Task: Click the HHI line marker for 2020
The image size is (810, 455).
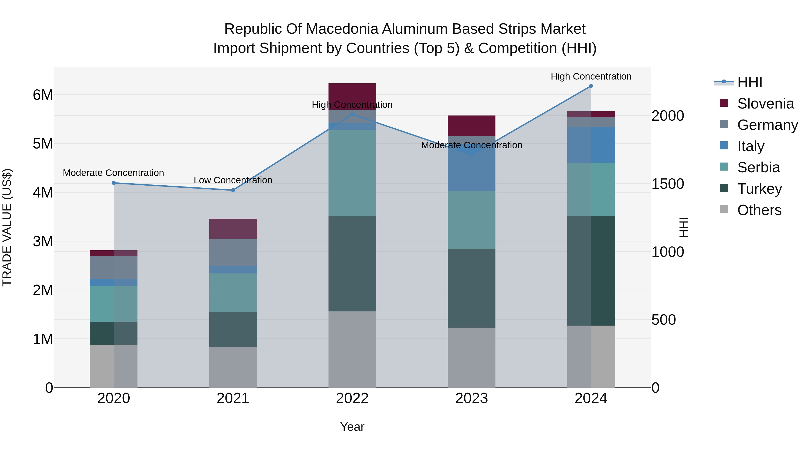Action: pos(114,183)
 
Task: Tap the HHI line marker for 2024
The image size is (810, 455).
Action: pos(591,86)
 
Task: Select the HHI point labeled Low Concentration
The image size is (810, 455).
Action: pos(233,190)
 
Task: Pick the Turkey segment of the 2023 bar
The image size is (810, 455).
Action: pos(471,288)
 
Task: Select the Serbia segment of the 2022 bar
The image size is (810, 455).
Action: pos(352,173)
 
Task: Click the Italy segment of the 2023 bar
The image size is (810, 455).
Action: pos(471,170)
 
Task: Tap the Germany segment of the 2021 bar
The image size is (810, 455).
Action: pos(233,252)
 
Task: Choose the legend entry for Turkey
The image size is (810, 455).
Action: pos(759,189)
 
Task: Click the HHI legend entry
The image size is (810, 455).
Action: pos(749,82)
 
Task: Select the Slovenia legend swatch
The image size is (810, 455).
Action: pos(724,103)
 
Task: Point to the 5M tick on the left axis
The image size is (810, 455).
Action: pos(43,144)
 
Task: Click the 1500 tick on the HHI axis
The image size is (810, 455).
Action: pos(667,184)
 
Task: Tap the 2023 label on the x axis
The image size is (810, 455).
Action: pos(471,398)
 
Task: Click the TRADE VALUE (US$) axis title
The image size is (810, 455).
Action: pos(7,227)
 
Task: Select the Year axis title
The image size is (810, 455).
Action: pos(352,427)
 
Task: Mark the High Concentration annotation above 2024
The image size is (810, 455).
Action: pos(591,76)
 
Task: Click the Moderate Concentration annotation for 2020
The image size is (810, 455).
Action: pos(114,173)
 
